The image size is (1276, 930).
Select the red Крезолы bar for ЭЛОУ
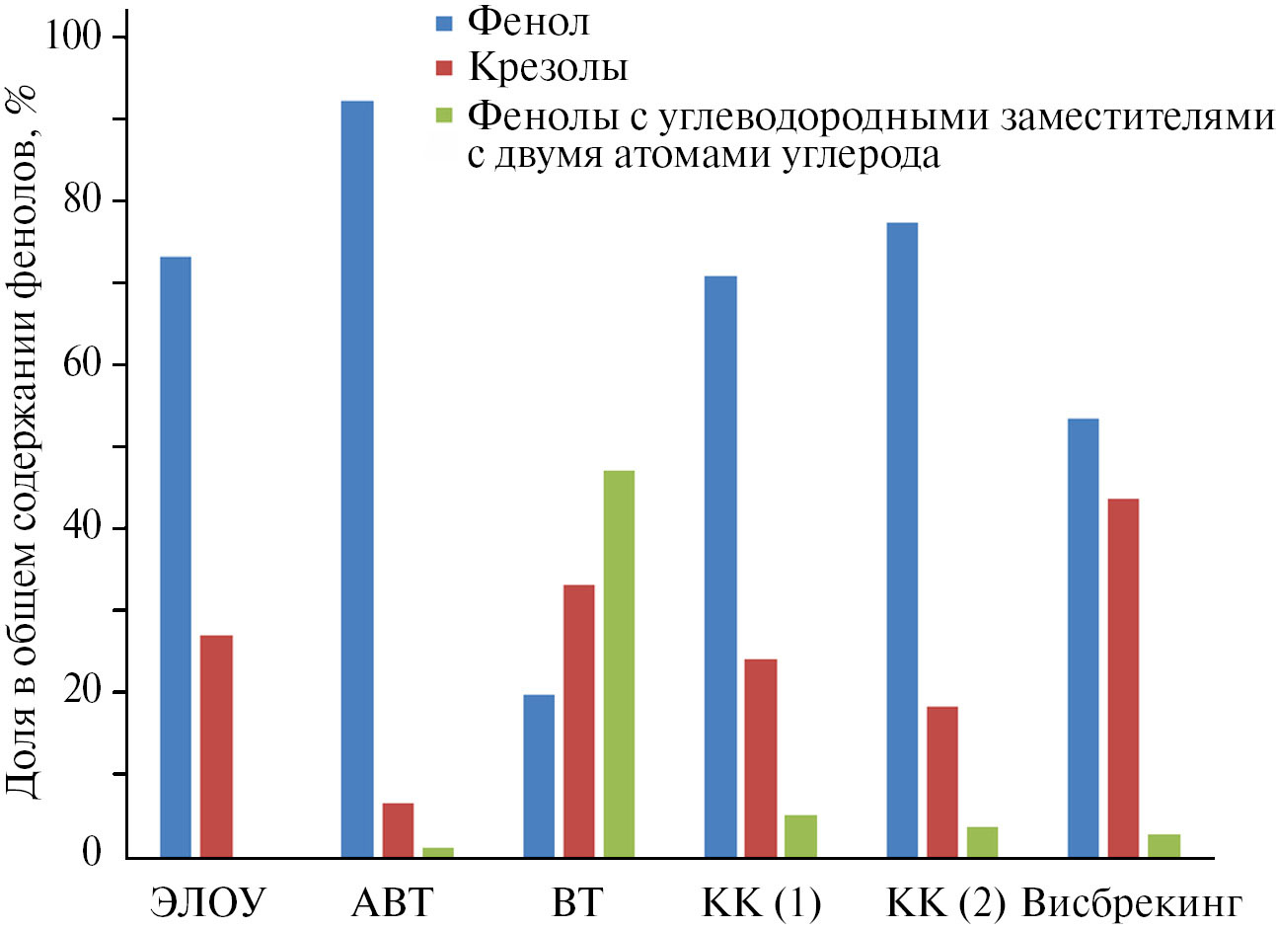click(x=216, y=746)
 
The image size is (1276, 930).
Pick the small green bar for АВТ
click(x=438, y=852)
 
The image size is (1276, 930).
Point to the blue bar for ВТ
click(x=539, y=776)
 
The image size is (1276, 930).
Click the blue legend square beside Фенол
click(x=444, y=21)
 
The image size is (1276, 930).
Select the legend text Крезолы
click(x=548, y=67)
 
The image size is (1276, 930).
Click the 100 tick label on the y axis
click(x=74, y=38)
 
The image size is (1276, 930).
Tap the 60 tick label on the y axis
click(x=83, y=365)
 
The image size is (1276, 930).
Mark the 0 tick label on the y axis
click(x=92, y=852)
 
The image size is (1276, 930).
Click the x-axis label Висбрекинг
click(x=1131, y=902)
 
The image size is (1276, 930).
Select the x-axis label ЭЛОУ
click(x=208, y=902)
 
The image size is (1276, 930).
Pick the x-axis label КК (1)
click(x=761, y=902)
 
